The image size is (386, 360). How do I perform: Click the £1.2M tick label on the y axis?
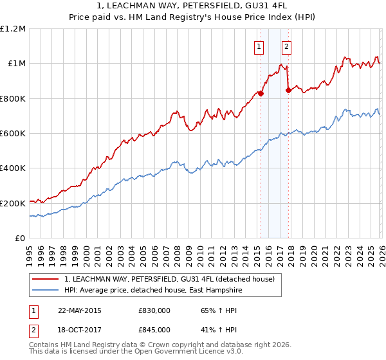14,29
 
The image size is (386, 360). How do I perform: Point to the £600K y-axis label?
13,134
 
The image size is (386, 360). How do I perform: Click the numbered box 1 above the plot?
259,46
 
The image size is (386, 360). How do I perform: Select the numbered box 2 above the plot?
286,46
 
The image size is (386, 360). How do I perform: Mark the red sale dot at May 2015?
261,93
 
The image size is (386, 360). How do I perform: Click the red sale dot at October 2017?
288,91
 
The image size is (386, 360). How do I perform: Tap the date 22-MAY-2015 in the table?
80,310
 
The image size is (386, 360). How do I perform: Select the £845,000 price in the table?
154,329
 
